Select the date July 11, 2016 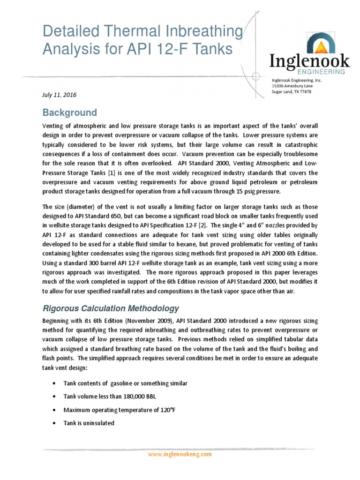59,95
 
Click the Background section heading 70,112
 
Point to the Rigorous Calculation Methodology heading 111,308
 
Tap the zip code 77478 304,92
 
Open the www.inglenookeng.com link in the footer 180,454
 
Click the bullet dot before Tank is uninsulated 56,423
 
